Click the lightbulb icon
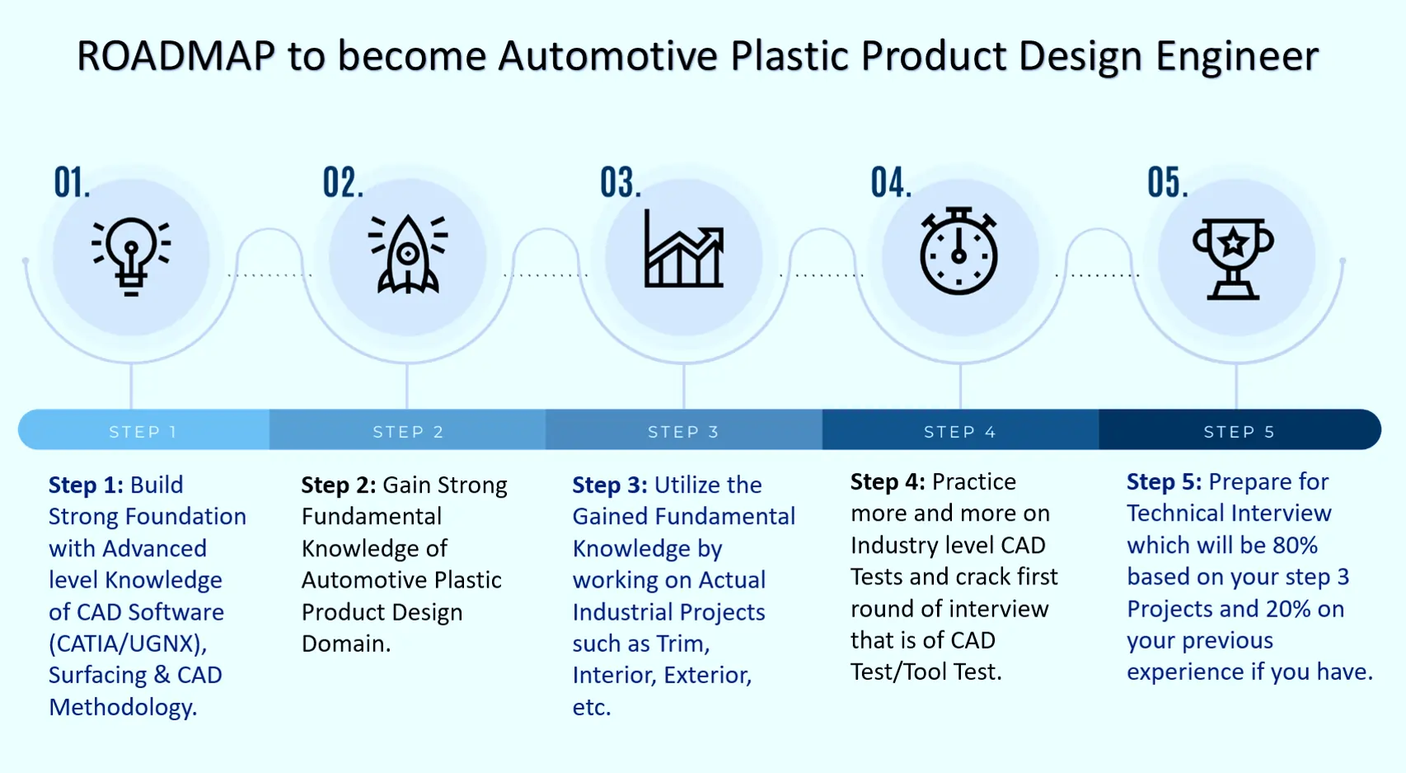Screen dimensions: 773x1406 131,256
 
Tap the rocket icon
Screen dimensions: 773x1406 407,255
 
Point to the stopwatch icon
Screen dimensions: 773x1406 958,251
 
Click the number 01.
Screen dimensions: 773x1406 72,183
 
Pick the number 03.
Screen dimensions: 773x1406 620,183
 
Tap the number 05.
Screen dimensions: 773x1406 1167,183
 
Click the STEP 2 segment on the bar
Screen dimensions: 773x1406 408,431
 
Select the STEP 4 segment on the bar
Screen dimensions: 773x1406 960,431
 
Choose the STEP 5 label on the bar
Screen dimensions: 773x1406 1239,431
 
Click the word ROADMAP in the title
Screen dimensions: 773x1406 176,57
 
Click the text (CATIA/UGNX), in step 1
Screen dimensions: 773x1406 128,644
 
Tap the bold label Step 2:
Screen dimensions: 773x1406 338,485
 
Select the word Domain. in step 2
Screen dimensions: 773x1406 346,644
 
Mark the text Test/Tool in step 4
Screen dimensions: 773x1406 898,672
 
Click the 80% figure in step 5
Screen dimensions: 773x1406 1295,546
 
